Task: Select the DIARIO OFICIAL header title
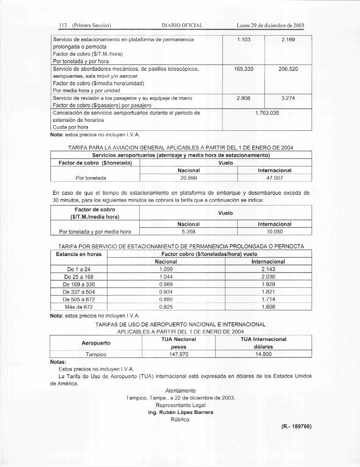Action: point(183,25)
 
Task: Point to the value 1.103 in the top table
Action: point(243,39)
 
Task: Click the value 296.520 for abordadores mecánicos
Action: point(288,68)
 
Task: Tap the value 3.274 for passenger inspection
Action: point(288,98)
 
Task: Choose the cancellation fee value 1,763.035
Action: point(267,113)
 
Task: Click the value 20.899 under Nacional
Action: point(188,178)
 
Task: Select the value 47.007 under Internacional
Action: point(274,178)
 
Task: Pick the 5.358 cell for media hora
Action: point(188,231)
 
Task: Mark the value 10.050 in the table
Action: point(274,231)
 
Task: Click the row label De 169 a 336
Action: point(79,284)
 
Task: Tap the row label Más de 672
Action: point(79,307)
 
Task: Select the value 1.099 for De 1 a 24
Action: point(166,269)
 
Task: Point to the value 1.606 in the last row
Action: point(268,307)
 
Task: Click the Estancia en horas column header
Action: point(79,254)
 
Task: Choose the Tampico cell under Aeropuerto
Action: point(96,354)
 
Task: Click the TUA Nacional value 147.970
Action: point(178,354)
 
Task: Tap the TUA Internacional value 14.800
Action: point(263,354)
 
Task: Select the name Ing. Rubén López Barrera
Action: point(180,412)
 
